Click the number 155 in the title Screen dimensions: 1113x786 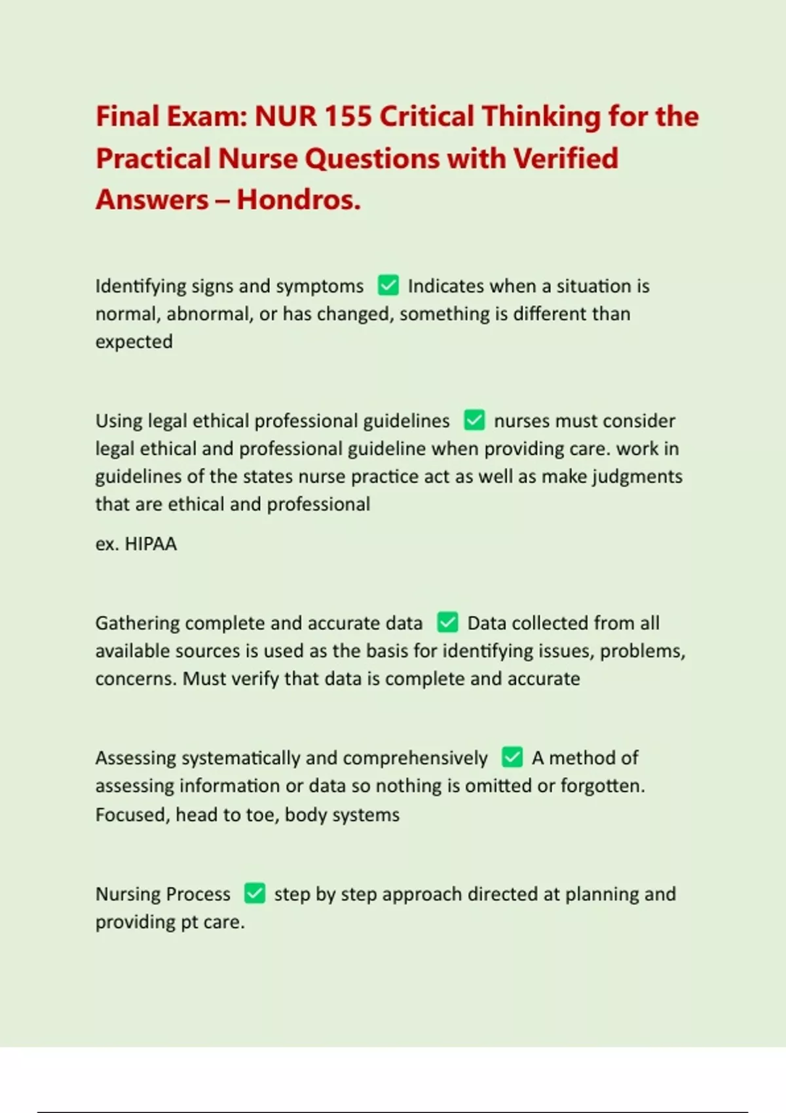point(348,117)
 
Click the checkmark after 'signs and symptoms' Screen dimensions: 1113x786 point(388,285)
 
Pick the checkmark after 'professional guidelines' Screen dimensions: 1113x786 point(474,420)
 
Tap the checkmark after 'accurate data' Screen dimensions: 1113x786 point(447,623)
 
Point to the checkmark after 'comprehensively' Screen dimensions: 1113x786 point(512,757)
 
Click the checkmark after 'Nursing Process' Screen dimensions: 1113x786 point(255,894)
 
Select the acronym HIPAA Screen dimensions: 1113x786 point(151,544)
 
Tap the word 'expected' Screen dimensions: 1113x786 point(134,342)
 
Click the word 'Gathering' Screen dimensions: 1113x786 point(137,623)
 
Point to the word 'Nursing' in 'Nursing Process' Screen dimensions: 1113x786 point(128,894)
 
